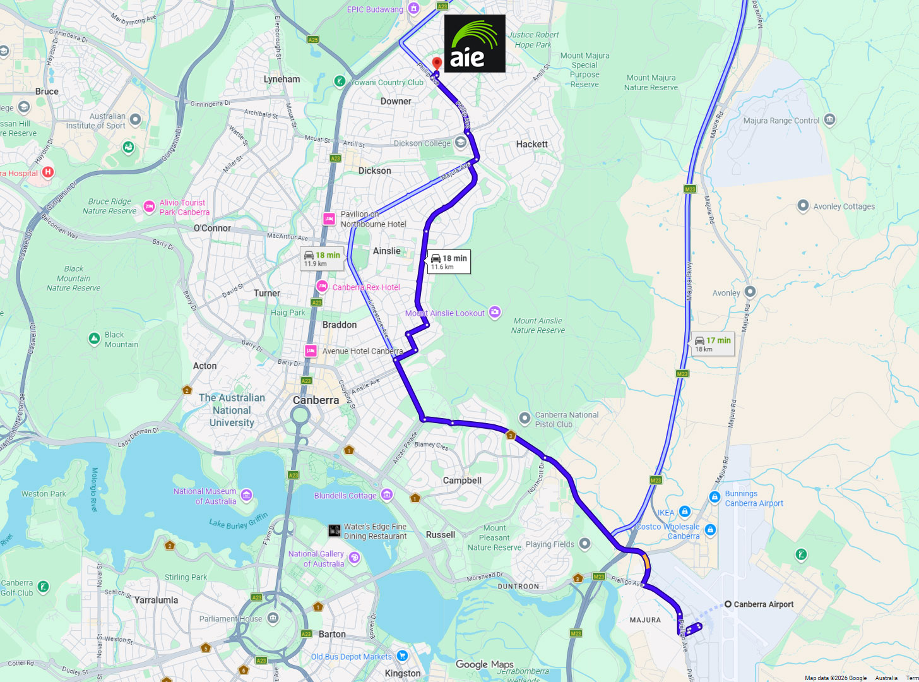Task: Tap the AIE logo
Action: tap(475, 43)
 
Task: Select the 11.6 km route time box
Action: tap(449, 261)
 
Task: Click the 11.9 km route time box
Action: tap(322, 258)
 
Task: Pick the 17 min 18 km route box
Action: tap(713, 344)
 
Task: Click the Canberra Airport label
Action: tap(763, 604)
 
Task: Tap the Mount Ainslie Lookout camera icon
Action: tap(495, 312)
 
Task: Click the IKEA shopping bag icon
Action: tap(685, 512)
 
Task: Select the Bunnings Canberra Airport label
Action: tap(754, 498)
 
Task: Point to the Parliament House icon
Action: tap(273, 618)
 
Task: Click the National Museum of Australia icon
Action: tap(247, 494)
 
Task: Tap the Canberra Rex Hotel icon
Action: tap(322, 286)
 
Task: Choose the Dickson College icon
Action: tap(461, 142)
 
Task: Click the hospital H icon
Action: tap(48, 172)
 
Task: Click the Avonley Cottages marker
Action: tap(803, 205)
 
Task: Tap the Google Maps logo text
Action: tap(485, 664)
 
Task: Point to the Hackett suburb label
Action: tap(531, 144)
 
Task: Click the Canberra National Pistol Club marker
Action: tap(525, 418)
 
